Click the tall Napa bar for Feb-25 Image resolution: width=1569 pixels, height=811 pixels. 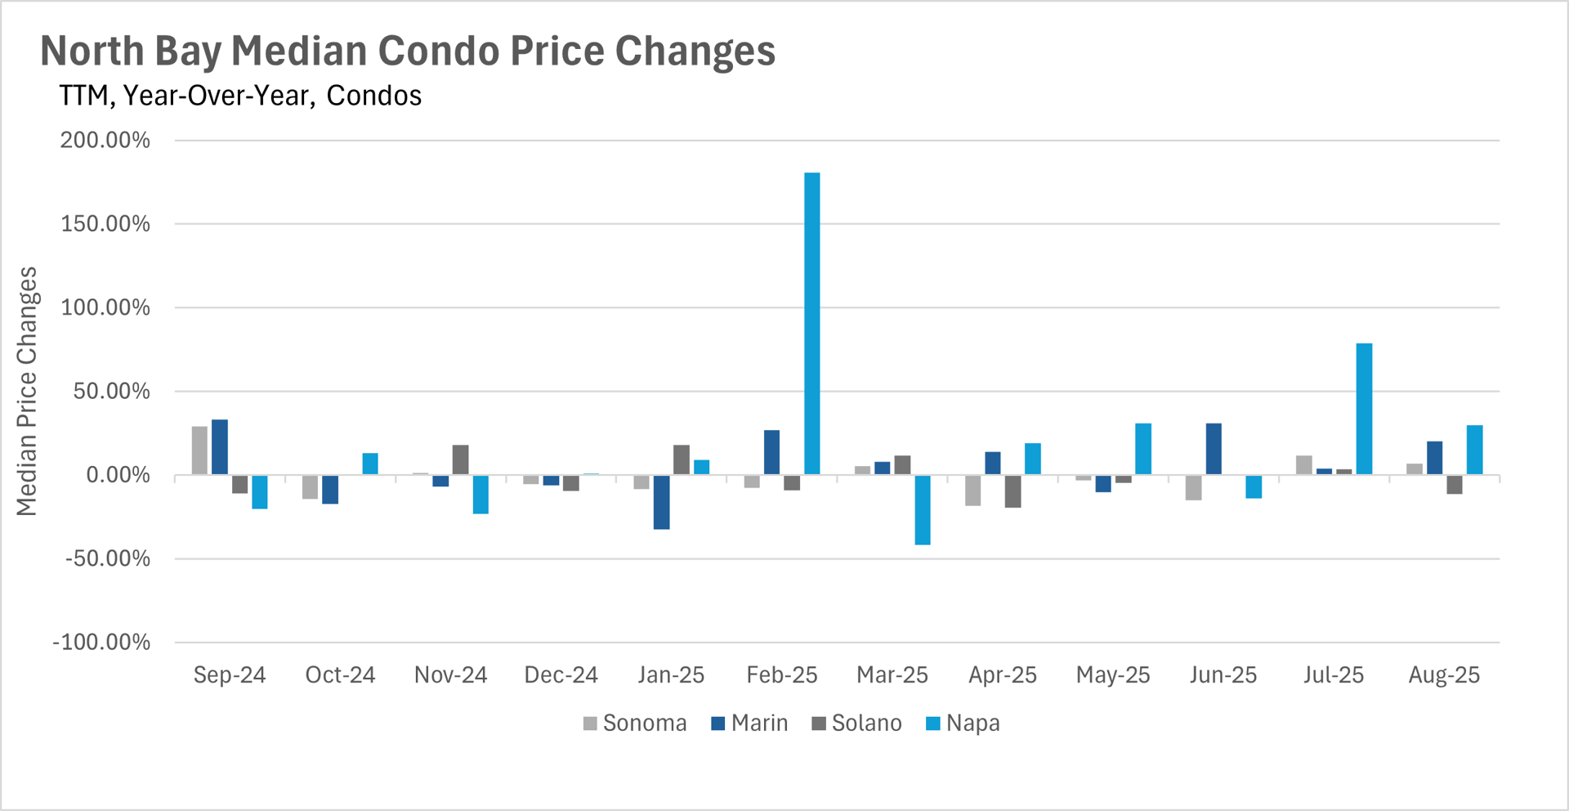point(811,323)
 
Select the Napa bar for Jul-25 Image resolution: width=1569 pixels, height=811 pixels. point(1364,409)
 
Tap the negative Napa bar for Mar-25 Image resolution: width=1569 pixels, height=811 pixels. point(922,509)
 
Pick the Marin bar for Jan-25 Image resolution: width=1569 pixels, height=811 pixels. point(662,502)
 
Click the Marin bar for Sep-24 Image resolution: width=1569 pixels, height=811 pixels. point(220,447)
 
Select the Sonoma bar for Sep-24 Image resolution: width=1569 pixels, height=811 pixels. point(199,450)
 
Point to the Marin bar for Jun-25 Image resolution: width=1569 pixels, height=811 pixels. point(1214,449)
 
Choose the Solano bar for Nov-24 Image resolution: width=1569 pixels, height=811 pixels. point(460,459)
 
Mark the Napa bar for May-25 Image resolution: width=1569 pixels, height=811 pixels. point(1143,449)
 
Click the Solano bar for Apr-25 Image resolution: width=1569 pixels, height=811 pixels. point(1012,491)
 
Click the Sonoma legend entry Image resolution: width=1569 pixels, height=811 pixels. point(635,724)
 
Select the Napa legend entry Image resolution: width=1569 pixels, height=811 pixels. point(963,724)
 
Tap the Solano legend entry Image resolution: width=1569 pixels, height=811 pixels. point(856,724)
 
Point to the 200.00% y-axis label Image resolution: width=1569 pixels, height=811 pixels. point(105,141)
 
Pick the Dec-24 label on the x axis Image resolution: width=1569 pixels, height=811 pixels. point(561,675)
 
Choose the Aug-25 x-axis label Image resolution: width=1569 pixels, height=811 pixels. point(1444,675)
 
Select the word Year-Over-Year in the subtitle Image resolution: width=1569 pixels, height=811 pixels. point(217,96)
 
